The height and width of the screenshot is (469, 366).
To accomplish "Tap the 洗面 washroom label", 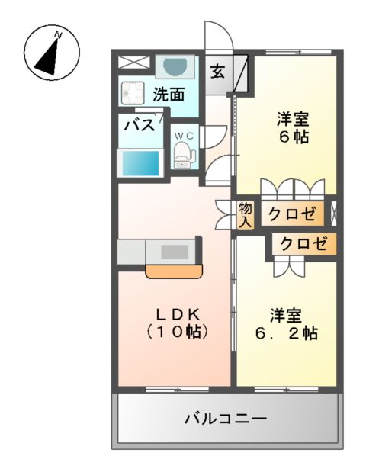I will [169, 95].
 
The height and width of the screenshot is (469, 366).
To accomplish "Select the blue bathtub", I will [140, 163].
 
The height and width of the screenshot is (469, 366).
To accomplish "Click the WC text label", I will [185, 136].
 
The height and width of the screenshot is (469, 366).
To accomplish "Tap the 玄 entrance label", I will [217, 72].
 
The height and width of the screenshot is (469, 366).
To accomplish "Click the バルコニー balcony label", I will [225, 419].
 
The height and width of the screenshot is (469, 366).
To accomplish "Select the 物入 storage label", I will [246, 215].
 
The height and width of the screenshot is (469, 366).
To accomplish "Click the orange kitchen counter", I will [175, 270].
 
